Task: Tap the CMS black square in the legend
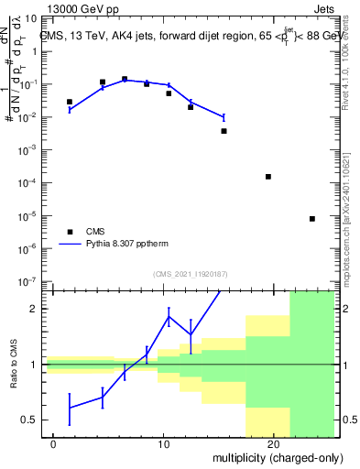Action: point(70,232)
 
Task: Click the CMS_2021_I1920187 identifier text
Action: point(189,273)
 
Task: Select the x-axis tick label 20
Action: point(273,444)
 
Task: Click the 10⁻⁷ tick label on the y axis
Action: point(28,282)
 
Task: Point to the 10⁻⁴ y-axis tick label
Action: point(28,183)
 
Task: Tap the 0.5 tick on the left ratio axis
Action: point(30,420)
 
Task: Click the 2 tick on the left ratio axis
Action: point(35,309)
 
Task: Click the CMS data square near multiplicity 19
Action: point(268,176)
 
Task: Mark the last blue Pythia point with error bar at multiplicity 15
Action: point(224,116)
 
